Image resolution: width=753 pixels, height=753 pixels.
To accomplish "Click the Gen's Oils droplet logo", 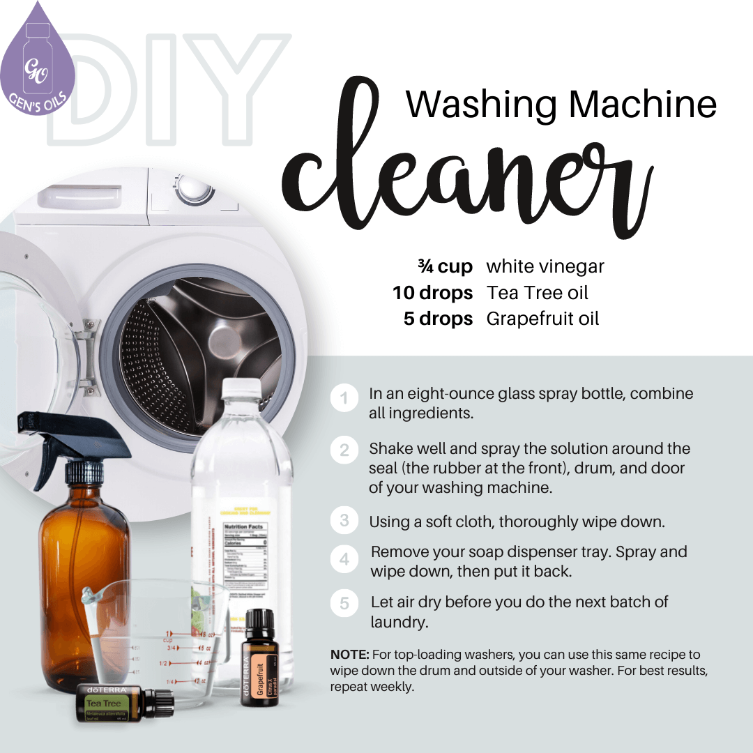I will click(39, 60).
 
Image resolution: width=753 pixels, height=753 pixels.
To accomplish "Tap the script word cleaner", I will click(467, 174).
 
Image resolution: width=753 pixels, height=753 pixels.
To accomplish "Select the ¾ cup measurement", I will click(445, 267).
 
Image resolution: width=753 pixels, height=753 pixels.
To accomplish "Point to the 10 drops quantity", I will click(432, 293).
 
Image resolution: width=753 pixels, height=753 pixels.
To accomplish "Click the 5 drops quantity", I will click(438, 319).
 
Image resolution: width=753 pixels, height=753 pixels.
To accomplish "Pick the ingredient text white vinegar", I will click(545, 267).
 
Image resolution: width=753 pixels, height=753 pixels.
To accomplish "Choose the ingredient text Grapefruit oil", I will click(542, 319).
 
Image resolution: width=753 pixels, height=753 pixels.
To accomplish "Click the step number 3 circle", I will click(344, 521).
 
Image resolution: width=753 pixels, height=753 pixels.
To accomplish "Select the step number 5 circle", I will click(344, 604).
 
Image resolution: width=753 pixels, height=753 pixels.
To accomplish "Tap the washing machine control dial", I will click(195, 189).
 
